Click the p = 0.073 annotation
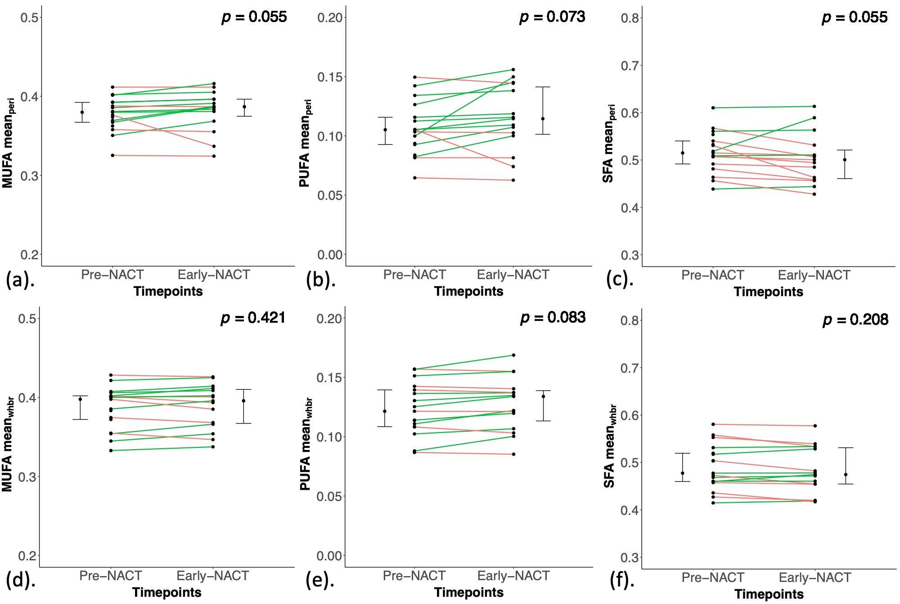(x=552, y=17)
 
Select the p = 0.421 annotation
(x=253, y=318)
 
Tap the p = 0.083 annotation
(x=553, y=318)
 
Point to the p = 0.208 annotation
(x=855, y=320)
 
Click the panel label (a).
(x=20, y=280)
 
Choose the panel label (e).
(x=320, y=581)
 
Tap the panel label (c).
(x=620, y=279)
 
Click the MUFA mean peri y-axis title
(x=9, y=143)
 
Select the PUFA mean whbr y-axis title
(x=306, y=444)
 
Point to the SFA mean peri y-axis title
(x=608, y=144)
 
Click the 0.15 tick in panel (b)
(x=330, y=77)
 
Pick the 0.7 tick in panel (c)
(x=630, y=66)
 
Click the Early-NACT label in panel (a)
(x=214, y=275)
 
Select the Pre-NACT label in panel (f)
(x=713, y=577)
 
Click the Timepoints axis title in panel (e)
(x=469, y=592)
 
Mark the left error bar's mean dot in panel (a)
(x=82, y=113)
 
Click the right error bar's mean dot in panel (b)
(x=543, y=119)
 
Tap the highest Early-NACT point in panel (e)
(x=513, y=355)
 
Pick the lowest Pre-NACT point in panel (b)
(x=414, y=178)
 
